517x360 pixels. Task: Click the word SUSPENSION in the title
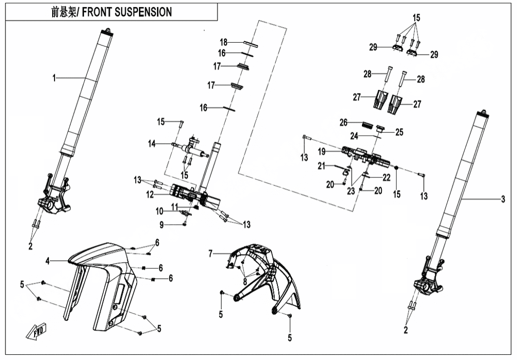(141, 12)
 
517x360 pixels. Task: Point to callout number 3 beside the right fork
(503, 200)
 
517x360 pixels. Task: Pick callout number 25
(399, 132)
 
